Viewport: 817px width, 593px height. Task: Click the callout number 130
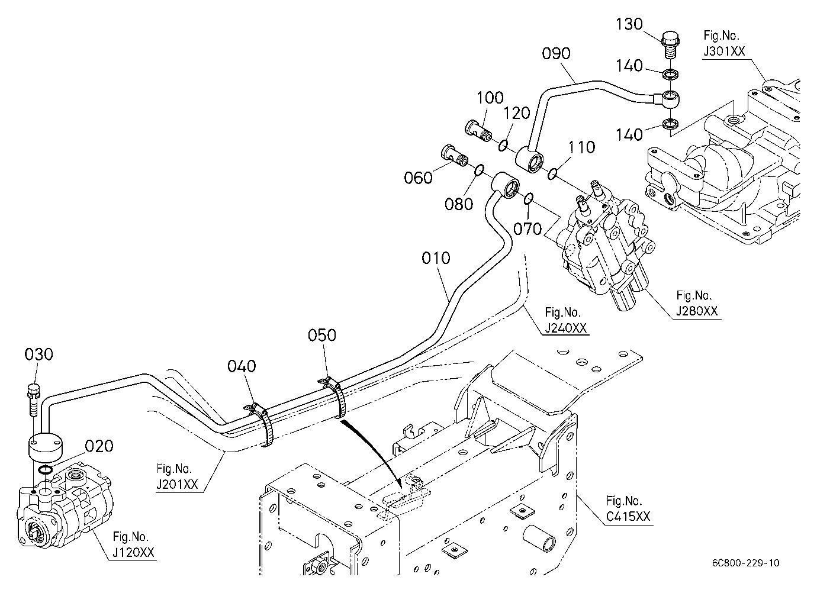(x=629, y=24)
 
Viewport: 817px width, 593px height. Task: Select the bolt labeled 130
(x=670, y=44)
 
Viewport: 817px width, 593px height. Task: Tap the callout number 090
(x=557, y=54)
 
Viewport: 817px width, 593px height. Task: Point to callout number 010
(x=436, y=258)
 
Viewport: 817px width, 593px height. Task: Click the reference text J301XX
(x=724, y=51)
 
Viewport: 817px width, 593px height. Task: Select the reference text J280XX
(x=697, y=311)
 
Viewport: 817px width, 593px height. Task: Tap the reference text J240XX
(x=566, y=328)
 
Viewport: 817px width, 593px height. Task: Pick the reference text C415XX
(x=628, y=517)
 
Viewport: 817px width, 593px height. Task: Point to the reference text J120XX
(x=133, y=553)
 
